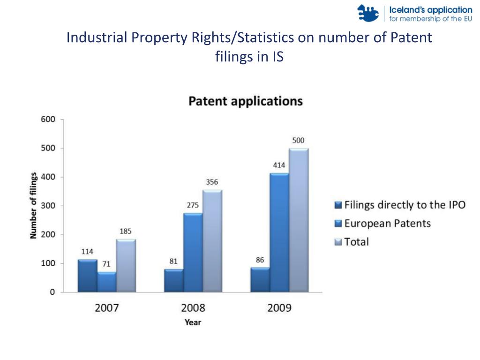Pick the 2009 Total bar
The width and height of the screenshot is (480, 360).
tap(299, 220)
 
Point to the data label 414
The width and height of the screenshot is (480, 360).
tap(279, 165)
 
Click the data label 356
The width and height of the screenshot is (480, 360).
tap(212, 182)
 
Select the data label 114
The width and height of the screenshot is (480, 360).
tap(87, 251)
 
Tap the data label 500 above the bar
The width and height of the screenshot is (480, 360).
tap(298, 140)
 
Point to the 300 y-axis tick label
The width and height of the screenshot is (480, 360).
tap(49, 206)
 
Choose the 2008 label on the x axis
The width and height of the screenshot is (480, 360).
tap(193, 308)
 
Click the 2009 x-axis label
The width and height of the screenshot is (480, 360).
tap(279, 308)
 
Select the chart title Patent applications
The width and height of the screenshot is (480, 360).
tap(245, 101)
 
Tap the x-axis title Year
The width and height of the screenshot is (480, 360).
tap(193, 322)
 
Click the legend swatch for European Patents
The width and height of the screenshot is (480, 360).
tap(338, 224)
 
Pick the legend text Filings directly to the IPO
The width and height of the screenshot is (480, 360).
tap(405, 205)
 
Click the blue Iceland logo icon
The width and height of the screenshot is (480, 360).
tap(368, 13)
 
